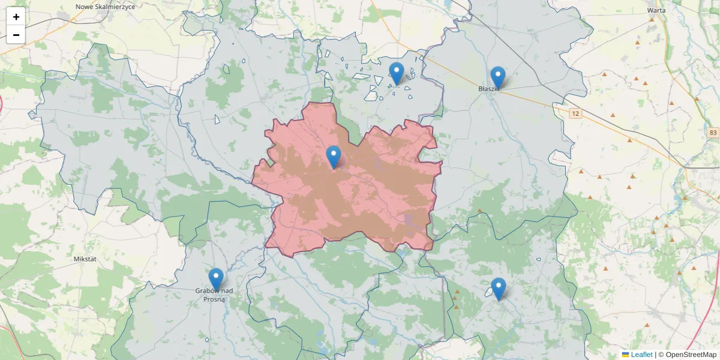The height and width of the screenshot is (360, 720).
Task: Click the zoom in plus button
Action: click(x=16, y=17)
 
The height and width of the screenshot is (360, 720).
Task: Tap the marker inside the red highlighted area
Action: click(x=333, y=157)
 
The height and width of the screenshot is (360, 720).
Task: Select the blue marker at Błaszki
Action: click(x=497, y=77)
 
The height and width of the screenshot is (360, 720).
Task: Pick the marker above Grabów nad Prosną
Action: click(x=216, y=279)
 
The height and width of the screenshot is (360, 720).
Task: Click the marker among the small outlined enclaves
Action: click(x=396, y=73)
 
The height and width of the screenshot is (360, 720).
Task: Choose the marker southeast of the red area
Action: click(x=498, y=289)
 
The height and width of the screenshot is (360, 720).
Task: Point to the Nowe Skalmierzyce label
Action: click(x=106, y=7)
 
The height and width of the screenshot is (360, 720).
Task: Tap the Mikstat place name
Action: click(x=85, y=259)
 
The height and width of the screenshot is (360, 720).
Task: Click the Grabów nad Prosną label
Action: click(x=214, y=295)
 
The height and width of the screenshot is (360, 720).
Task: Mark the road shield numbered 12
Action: click(x=575, y=113)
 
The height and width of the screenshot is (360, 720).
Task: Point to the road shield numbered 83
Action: click(x=713, y=133)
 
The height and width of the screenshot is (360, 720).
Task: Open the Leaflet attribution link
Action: click(x=641, y=355)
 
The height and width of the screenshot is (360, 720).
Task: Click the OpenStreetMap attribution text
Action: click(x=687, y=355)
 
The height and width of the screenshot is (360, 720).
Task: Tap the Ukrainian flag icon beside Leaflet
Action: click(x=625, y=355)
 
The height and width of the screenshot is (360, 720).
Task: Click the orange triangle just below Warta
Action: click(x=652, y=19)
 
